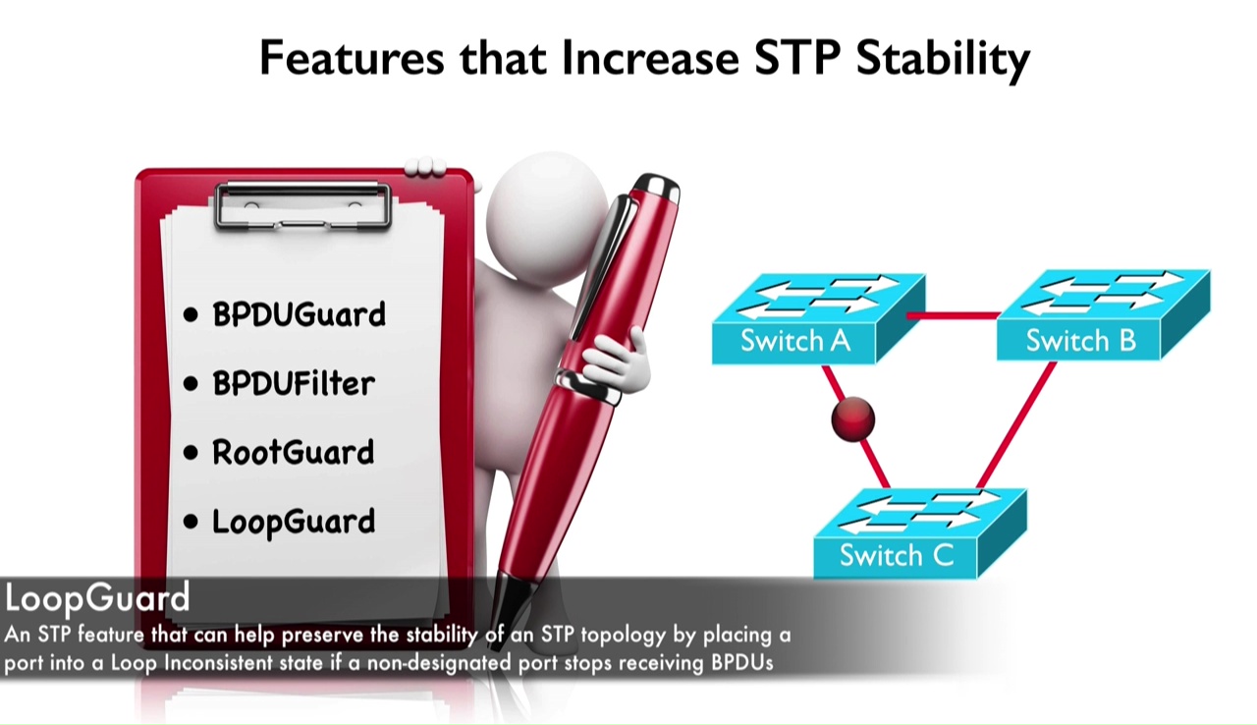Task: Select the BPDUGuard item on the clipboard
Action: coord(300,314)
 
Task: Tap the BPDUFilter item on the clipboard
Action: coord(294,384)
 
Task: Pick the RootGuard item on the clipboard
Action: coord(293,452)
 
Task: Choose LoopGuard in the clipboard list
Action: coord(294,523)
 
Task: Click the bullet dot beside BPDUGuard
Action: coord(191,314)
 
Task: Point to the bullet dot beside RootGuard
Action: coord(191,453)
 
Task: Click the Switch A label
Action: coord(795,341)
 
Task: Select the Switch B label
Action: coord(1081,341)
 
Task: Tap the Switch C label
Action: coord(897,555)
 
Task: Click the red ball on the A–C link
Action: coord(853,419)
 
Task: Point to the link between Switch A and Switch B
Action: coord(954,316)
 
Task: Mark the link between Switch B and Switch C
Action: coord(1016,424)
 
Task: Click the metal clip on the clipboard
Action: coord(302,205)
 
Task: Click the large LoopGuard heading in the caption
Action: coord(97,598)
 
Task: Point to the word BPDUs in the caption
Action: coord(742,663)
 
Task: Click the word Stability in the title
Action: coord(944,61)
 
